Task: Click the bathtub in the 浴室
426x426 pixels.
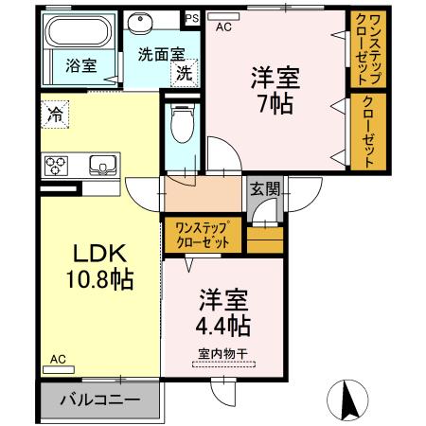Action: tap(78, 31)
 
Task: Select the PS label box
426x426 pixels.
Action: tap(192, 18)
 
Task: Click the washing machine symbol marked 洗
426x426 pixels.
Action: tap(185, 73)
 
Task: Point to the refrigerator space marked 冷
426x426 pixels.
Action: tap(55, 115)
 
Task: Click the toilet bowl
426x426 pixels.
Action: tap(183, 124)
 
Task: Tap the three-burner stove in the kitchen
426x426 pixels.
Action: tap(56, 166)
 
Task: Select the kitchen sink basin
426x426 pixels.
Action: tap(103, 165)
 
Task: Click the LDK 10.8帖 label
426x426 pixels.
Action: tap(99, 266)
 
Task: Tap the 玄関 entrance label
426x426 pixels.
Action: tap(265, 189)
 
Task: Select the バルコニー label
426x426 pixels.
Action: tap(100, 399)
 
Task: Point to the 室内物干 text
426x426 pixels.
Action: tap(222, 354)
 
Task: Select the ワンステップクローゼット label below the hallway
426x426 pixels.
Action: tap(203, 235)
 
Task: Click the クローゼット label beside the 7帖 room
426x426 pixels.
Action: tap(368, 132)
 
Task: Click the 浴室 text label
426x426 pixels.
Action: tap(81, 65)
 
